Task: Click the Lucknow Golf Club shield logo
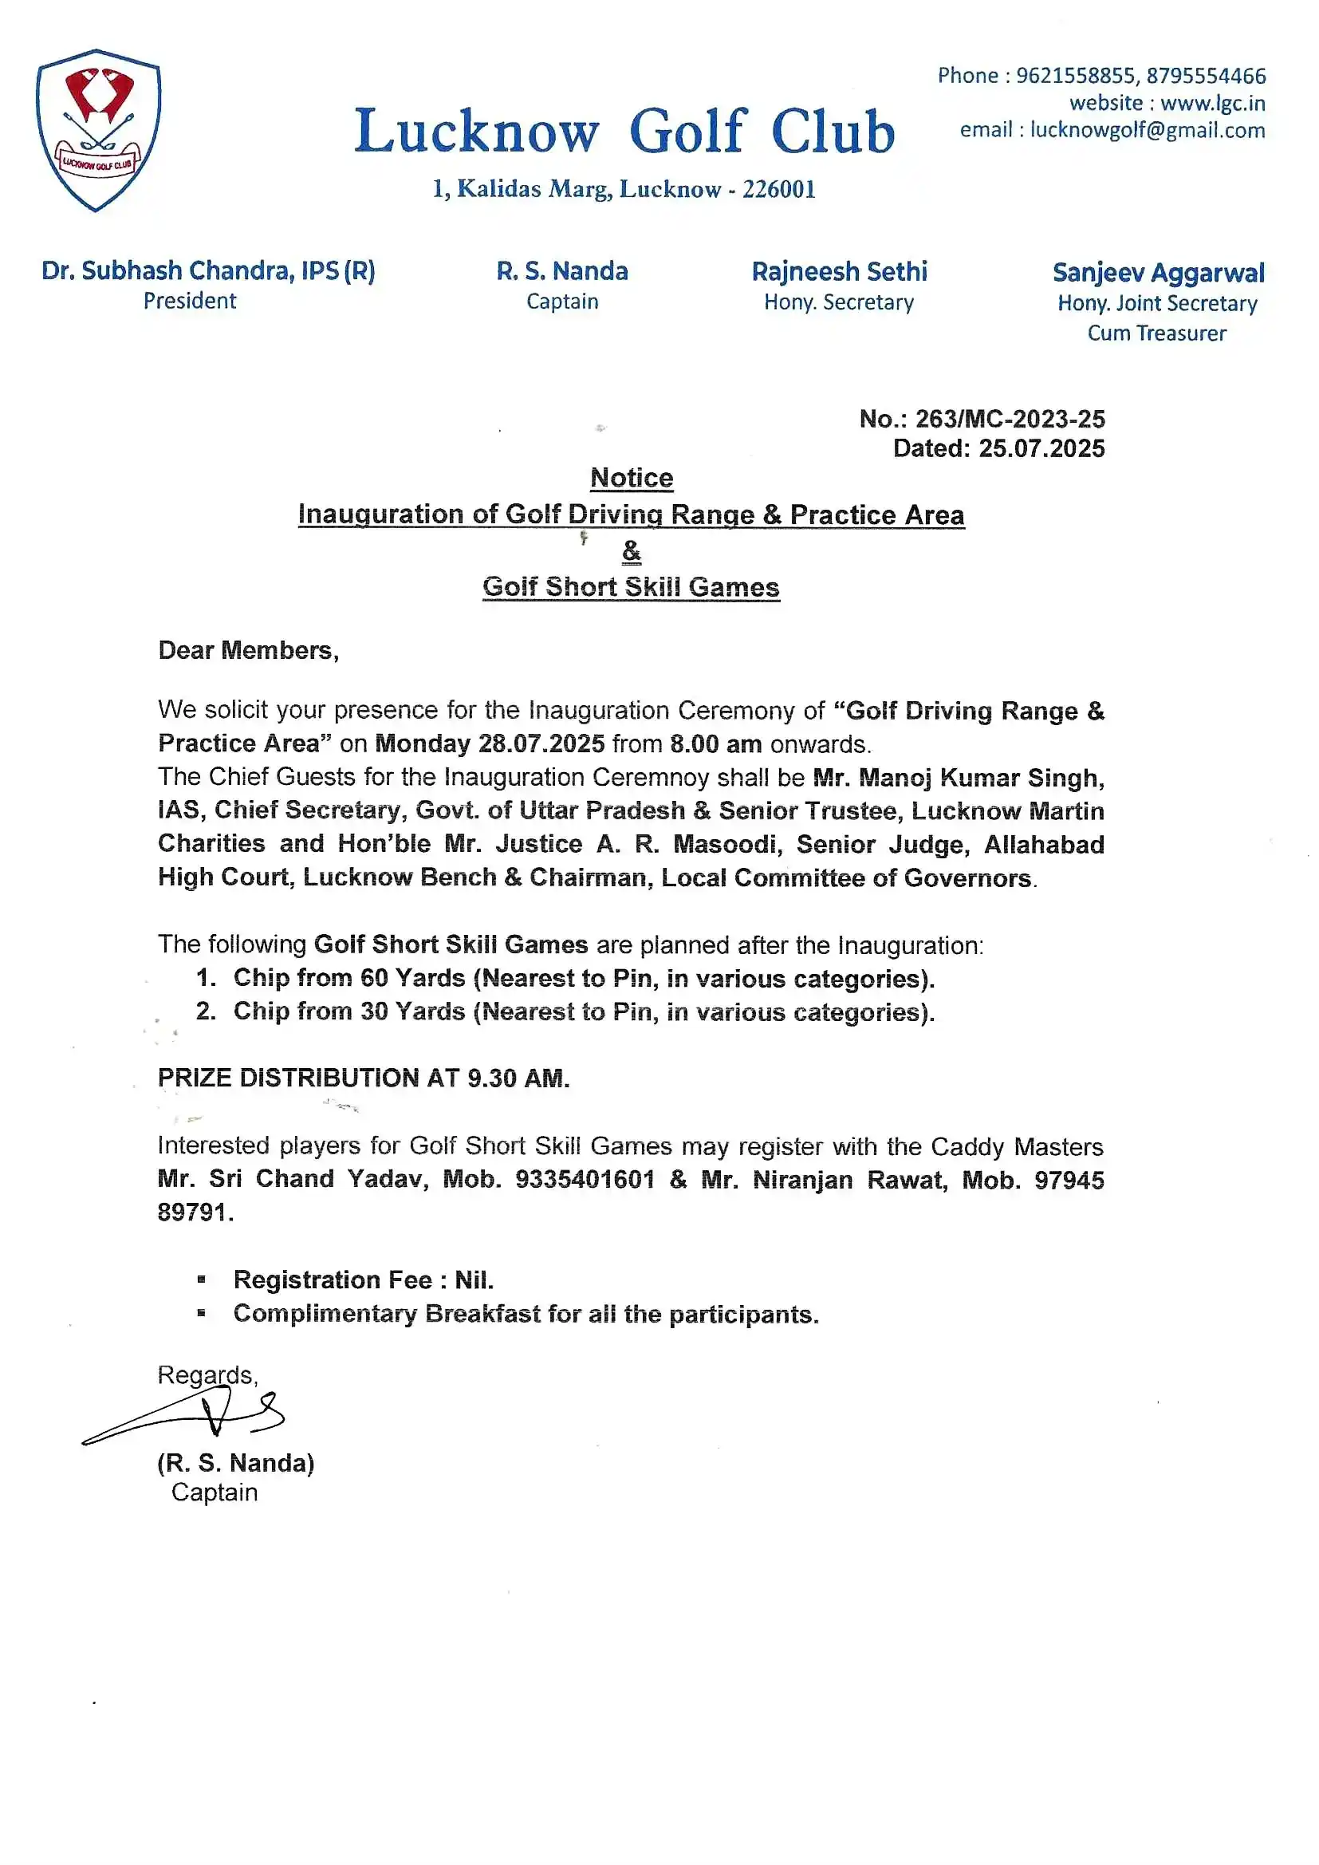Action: pos(98,130)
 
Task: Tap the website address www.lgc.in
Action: pos(1212,103)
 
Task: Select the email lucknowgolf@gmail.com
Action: pos(1147,130)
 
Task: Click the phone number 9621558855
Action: pos(1074,76)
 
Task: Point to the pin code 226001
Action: pos(778,189)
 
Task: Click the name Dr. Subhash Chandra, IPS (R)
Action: pos(208,270)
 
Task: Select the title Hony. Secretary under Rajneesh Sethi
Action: pos(838,302)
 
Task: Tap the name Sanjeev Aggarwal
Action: pos(1158,272)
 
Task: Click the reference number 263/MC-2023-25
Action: pos(1010,418)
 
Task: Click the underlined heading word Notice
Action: pos(631,478)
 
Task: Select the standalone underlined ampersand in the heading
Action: pos(631,550)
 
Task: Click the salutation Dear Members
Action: pos(247,650)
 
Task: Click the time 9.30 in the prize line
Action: pos(491,1078)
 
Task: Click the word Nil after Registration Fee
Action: pos(473,1279)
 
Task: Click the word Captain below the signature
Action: pos(215,1492)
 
